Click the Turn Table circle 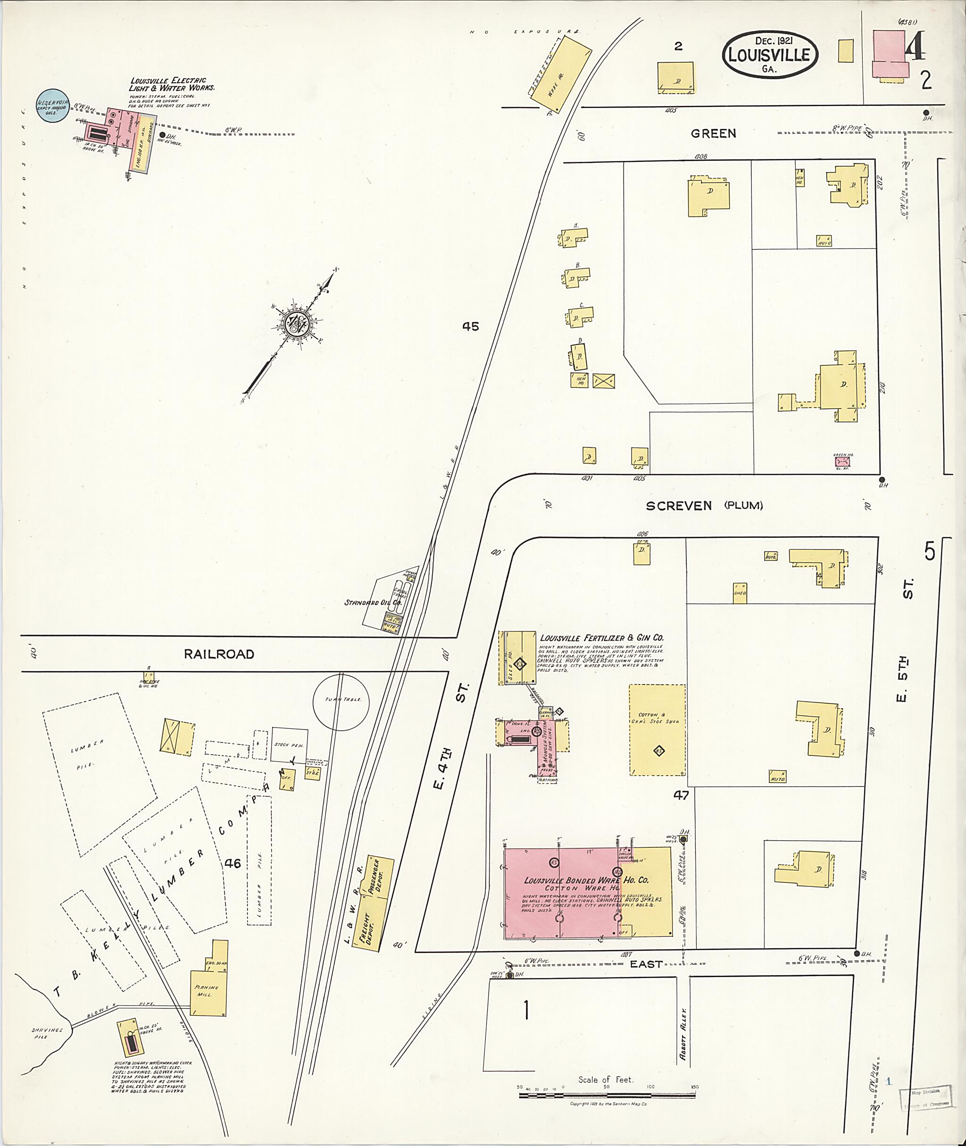(x=341, y=701)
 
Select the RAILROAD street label (x=219, y=654)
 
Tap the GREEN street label (x=713, y=133)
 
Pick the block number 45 (x=470, y=326)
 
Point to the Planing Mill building (x=207, y=989)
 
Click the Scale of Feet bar (x=608, y=1095)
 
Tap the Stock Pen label (x=290, y=744)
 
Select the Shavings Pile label (x=47, y=1033)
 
